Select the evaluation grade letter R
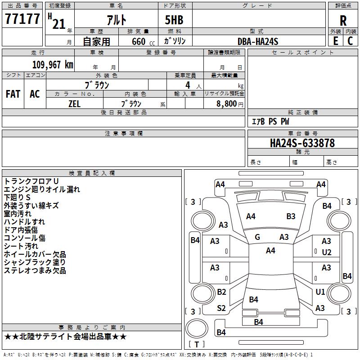(x=343, y=21)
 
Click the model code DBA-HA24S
(x=258, y=41)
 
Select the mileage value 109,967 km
(x=53, y=65)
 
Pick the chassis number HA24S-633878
(x=302, y=143)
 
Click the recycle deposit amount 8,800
(x=226, y=103)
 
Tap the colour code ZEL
(x=74, y=103)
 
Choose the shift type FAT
(x=13, y=94)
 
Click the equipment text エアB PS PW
(x=270, y=122)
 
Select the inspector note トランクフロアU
(x=31, y=181)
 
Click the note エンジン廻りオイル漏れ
(x=42, y=189)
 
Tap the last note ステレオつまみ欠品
(x=35, y=270)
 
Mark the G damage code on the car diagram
(x=257, y=237)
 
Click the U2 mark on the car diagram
(x=326, y=252)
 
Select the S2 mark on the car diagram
(x=221, y=308)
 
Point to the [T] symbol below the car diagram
(x=196, y=345)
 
